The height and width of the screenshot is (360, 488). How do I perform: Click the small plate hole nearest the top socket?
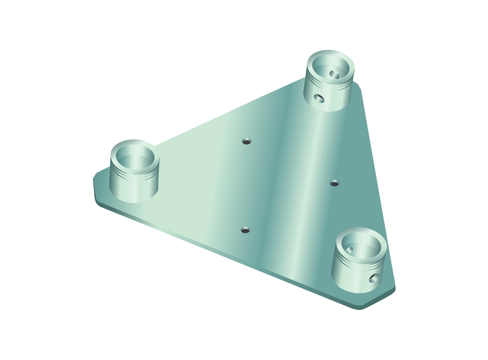245,140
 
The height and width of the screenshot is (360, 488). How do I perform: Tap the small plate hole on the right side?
333,183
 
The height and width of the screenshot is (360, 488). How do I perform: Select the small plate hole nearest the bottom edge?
245,229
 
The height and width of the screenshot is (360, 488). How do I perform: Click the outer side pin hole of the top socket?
318,98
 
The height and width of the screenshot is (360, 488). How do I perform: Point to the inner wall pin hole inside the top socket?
333,74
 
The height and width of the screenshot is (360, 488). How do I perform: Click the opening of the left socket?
134,156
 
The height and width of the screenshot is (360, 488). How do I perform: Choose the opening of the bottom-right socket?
362,245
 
